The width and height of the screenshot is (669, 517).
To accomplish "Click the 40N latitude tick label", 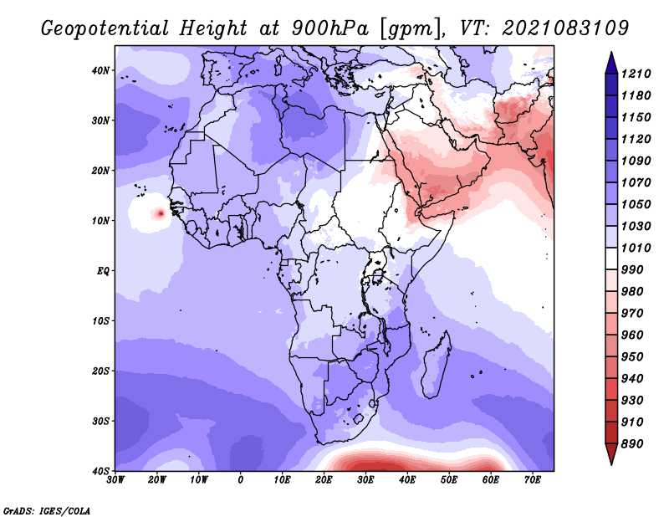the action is click(x=100, y=70).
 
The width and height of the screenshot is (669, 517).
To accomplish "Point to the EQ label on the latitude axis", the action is click(x=103, y=271).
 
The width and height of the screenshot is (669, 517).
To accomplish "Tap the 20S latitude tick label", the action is click(x=100, y=371).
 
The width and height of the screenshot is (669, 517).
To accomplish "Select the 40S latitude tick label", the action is click(x=100, y=471).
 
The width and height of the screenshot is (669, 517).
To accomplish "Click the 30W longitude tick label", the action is click(x=115, y=480).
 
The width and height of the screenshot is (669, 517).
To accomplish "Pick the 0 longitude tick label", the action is click(x=241, y=480).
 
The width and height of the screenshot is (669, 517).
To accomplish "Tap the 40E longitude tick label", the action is click(x=407, y=480).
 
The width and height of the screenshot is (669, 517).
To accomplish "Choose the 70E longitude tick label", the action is click(x=533, y=480).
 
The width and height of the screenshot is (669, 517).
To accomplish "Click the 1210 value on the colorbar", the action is click(x=636, y=74).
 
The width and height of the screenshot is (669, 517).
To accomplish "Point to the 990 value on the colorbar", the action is click(x=632, y=270).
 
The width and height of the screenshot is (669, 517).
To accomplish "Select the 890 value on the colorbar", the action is click(x=632, y=444).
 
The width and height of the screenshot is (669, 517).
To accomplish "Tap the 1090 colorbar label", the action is click(x=636, y=161).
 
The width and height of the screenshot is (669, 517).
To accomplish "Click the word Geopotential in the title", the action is click(x=105, y=28).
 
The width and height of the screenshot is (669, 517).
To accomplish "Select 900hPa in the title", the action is click(x=329, y=28).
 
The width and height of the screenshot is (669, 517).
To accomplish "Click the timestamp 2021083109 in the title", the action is click(x=565, y=28).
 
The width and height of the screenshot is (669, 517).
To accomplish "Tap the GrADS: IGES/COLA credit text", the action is click(x=47, y=510).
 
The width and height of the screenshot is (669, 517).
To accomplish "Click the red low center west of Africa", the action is click(x=161, y=213).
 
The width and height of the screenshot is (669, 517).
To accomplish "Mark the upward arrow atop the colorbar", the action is click(x=611, y=63).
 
